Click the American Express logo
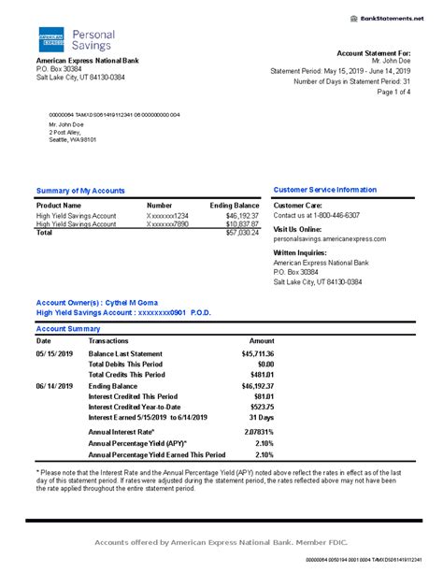(50, 39)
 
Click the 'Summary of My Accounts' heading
(80, 191)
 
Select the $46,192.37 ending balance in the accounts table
(242, 215)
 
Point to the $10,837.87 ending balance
(242, 224)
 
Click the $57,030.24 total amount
(242, 233)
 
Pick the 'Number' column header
(160, 205)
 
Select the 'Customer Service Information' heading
(324, 190)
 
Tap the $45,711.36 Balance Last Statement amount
(257, 354)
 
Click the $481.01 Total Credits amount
(261, 375)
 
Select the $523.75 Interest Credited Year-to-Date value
(261, 407)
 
